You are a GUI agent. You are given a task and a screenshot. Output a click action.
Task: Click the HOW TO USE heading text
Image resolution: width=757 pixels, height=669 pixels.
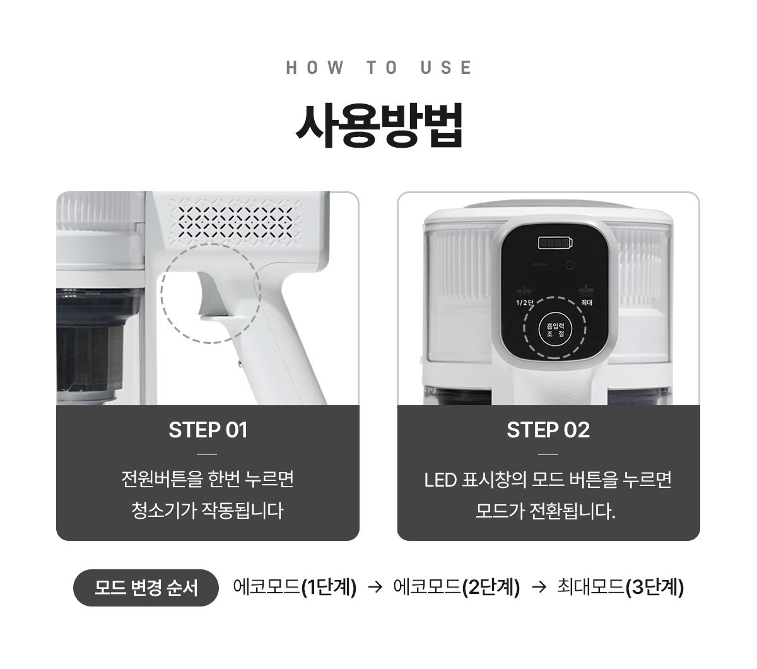coord(378,68)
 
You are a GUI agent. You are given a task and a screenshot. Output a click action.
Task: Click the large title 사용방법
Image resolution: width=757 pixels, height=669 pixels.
coord(379,125)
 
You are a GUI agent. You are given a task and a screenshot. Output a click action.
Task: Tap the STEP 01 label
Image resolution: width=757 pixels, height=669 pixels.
coord(208,430)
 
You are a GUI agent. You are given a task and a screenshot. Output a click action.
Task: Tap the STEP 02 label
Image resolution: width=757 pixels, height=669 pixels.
coord(548,430)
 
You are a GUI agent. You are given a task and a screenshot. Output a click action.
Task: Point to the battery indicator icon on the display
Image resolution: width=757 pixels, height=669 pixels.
coord(555,243)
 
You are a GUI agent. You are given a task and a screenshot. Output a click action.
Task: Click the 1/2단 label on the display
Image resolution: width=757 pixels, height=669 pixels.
coord(525,302)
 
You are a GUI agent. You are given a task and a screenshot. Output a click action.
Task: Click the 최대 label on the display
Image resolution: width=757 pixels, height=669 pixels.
coord(587,302)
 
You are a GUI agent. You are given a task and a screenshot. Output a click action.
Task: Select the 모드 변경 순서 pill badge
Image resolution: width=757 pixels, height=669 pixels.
coord(146,588)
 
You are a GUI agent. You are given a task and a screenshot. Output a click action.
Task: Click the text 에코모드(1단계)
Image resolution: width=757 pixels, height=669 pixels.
coord(295,587)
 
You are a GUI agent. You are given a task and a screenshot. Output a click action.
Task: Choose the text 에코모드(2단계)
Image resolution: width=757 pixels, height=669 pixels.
coord(456,587)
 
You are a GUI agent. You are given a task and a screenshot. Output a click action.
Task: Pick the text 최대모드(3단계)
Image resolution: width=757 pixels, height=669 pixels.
coord(621,587)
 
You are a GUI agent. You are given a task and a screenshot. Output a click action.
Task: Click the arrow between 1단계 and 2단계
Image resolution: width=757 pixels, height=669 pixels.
coord(375,588)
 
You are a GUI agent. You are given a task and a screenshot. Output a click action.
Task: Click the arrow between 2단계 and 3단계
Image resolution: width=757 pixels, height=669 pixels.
coord(539,588)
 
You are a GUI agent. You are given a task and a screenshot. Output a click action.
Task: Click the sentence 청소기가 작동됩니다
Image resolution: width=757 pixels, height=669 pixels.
coord(208,511)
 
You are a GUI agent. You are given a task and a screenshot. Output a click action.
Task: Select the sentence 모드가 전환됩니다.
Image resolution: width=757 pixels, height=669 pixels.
coord(546,511)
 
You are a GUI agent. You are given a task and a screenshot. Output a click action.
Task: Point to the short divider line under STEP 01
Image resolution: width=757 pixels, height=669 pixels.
coord(207,454)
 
